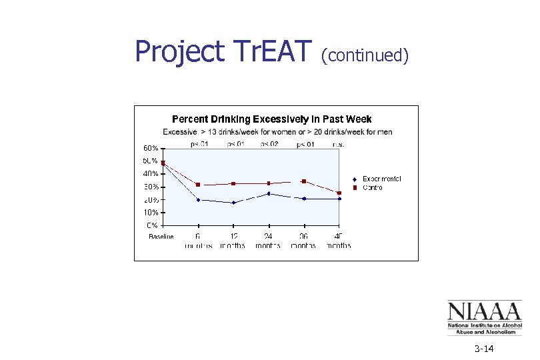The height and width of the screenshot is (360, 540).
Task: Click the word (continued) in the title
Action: point(364,55)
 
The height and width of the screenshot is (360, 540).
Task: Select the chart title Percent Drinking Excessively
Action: point(271,119)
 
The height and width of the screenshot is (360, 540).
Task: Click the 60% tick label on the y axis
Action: point(150,148)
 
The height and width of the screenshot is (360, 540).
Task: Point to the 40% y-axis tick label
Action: point(150,174)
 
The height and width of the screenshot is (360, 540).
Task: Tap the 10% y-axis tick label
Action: point(150,213)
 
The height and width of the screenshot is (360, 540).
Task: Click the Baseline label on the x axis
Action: point(161,237)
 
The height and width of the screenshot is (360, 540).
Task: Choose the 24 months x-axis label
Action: point(268,241)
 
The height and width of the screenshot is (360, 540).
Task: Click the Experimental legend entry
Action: point(381,179)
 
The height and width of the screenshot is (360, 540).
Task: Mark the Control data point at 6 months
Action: point(198,185)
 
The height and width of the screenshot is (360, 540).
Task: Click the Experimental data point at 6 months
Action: point(198,199)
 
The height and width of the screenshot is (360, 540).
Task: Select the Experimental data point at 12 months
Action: point(233,203)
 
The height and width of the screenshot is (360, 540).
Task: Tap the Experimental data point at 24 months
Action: point(269,194)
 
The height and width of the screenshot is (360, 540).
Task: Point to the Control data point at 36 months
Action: point(304,181)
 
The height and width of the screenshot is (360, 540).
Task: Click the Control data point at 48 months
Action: point(339,193)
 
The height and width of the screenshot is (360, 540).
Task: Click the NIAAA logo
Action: point(483,317)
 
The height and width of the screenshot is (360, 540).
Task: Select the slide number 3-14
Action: point(484,349)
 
